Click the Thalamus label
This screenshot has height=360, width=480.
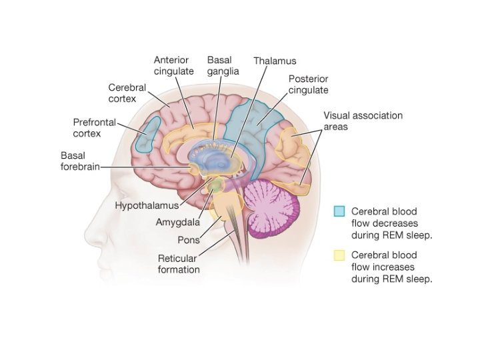(x=275, y=61)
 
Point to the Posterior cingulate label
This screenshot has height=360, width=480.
(x=308, y=84)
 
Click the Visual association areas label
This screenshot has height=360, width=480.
(x=363, y=121)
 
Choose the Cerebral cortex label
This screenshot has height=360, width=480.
(x=122, y=93)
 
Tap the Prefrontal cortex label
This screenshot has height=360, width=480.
(x=94, y=128)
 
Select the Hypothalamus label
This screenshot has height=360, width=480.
(x=147, y=205)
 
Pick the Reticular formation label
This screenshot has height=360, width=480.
(x=178, y=264)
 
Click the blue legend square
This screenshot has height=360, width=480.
(x=339, y=211)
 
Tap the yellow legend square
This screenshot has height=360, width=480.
(x=339, y=255)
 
